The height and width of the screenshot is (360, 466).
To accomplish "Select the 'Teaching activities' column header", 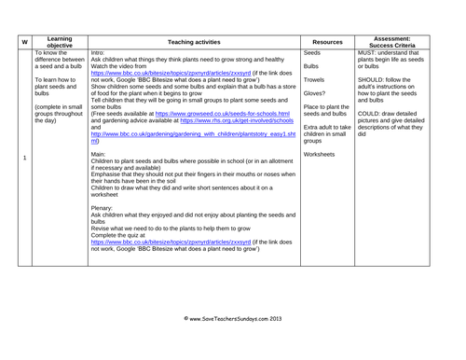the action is pyautogui.click(x=195, y=42).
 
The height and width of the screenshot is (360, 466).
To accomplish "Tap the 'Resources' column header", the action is pyautogui.click(x=327, y=42).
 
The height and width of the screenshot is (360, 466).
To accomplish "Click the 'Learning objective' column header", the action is pyautogui.click(x=61, y=42).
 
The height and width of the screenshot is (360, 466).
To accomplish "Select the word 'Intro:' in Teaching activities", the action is pyautogui.click(x=99, y=53).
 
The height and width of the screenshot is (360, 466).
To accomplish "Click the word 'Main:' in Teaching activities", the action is pyautogui.click(x=100, y=154).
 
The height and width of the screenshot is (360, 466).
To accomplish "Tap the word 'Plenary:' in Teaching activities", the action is pyautogui.click(x=103, y=208).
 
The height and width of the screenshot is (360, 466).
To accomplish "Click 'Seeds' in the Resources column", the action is pyautogui.click(x=312, y=53).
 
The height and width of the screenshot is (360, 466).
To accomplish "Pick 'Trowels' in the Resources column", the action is pyautogui.click(x=314, y=80).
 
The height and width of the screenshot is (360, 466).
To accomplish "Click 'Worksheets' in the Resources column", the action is pyautogui.click(x=320, y=154).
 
